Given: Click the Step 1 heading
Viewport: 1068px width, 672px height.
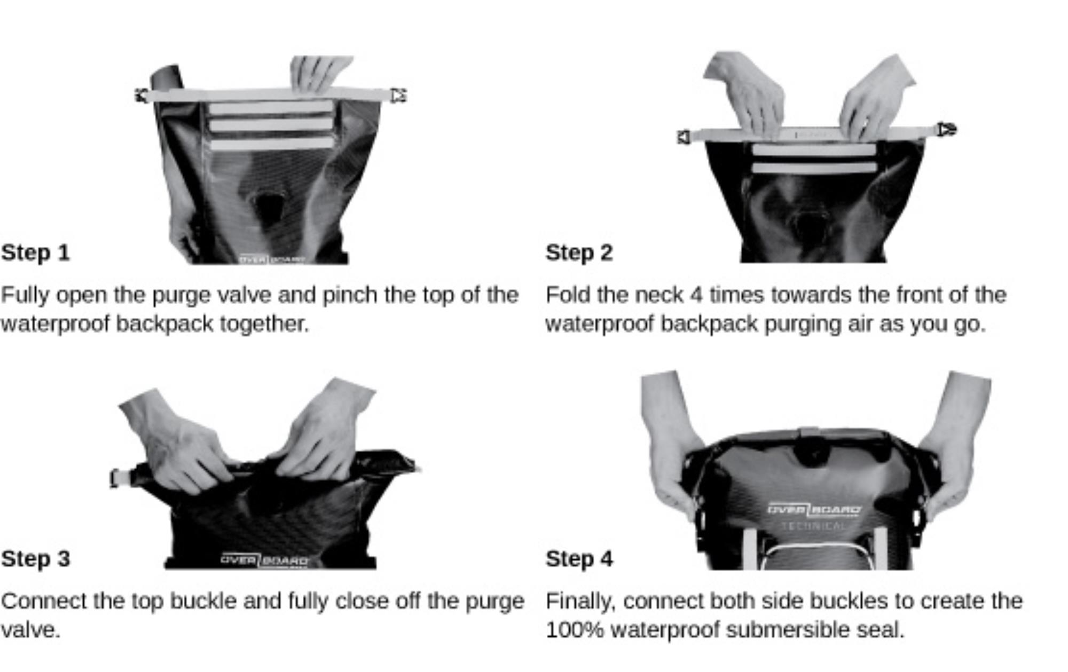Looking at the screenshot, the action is (x=35, y=252).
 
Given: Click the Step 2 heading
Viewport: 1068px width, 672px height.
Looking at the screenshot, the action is (x=579, y=252).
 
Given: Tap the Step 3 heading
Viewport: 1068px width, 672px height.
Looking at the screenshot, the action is (x=35, y=559).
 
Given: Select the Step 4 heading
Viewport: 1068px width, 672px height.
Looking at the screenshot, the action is (x=579, y=559).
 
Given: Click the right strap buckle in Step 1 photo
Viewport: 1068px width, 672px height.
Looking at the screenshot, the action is (x=398, y=96).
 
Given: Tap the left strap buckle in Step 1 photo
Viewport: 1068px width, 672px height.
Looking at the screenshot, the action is (x=142, y=96).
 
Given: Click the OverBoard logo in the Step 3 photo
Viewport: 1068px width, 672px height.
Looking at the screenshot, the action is (x=264, y=560).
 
